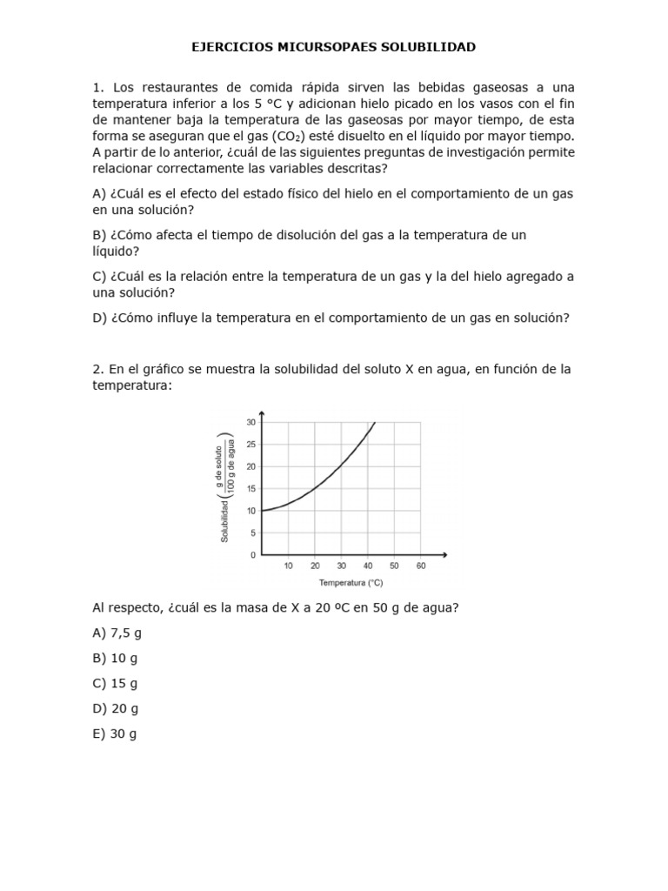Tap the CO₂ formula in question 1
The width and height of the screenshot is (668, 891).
284,136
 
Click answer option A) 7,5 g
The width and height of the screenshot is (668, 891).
117,633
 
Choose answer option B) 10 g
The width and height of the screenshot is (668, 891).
115,658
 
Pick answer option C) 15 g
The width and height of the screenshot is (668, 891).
115,683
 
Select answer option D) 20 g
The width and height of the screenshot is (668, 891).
115,708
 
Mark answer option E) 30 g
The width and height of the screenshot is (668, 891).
115,734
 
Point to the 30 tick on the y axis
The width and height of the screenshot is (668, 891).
250,422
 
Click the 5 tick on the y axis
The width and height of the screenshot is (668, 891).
252,533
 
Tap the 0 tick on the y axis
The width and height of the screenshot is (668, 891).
252,554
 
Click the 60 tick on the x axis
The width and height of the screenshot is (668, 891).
420,566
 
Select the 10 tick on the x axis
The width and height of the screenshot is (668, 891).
289,566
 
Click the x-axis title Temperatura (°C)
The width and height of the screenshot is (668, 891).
351,582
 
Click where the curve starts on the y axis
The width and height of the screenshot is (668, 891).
263,510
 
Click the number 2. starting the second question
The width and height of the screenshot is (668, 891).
98,369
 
